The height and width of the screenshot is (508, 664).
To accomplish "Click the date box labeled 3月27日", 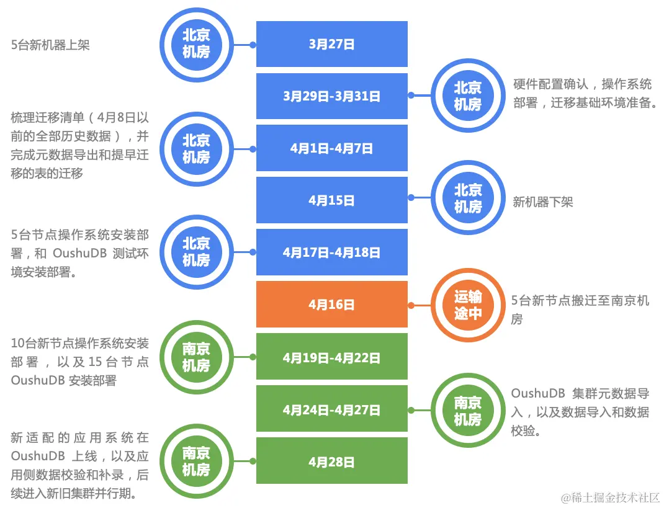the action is tap(331, 44).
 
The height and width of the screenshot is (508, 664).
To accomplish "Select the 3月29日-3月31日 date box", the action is tap(331, 96).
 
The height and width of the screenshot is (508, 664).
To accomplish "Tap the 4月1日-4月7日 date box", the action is tap(331, 148).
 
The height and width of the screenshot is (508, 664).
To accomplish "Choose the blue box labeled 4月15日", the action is tap(331, 200).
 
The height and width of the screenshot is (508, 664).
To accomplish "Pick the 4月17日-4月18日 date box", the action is tap(331, 252).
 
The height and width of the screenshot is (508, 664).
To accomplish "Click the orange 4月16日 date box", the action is tap(331, 305).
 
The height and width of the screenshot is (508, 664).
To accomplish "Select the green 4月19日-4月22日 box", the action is tap(331, 357).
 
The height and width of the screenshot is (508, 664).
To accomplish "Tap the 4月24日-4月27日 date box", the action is tap(331, 409).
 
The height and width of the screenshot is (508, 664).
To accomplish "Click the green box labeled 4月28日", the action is tap(331, 461).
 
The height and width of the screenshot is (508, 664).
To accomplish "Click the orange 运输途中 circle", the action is tap(467, 305).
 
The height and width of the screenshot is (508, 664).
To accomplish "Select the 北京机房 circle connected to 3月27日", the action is tap(196, 44).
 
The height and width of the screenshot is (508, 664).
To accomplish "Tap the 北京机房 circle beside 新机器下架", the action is tap(467, 198).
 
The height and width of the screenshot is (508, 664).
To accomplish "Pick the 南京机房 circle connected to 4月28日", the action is tap(196, 461).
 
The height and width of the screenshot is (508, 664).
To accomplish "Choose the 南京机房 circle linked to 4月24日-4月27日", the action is tap(467, 411).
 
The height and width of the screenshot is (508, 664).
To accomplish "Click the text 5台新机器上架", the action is tap(50, 45).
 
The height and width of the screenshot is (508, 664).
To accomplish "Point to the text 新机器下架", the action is tap(542, 202).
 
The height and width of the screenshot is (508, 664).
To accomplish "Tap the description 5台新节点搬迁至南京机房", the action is tap(580, 309).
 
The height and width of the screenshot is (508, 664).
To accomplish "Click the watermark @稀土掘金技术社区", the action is tap(610, 497).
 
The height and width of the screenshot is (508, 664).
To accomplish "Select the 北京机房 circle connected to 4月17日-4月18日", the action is tap(196, 252).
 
